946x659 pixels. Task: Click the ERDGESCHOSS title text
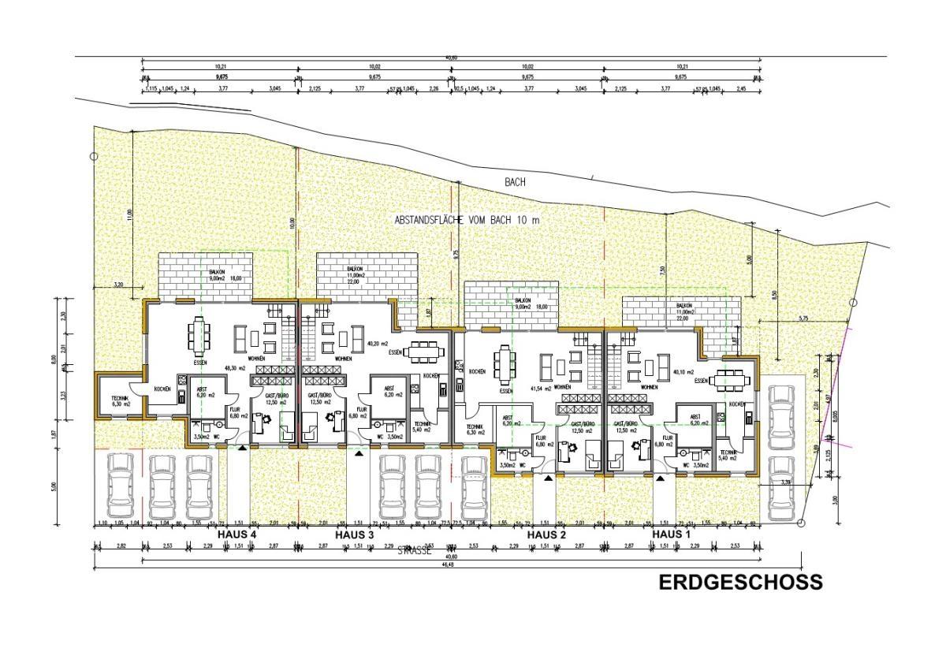740,582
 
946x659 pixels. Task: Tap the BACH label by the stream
516,182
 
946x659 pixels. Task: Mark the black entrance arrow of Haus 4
242,448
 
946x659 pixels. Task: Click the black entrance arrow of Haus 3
359,453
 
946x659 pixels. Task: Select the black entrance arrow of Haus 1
660,475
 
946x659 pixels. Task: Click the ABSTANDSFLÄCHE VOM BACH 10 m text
467,221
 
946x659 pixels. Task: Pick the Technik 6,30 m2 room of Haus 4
117,400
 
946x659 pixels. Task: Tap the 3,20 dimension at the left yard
119,284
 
